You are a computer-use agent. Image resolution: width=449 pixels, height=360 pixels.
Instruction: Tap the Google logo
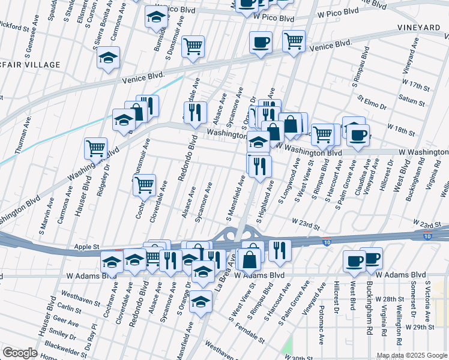pos(20,353)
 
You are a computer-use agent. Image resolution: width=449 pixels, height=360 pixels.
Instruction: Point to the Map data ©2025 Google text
pos(412,355)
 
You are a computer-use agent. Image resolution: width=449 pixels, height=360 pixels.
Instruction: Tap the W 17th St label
pos(416,83)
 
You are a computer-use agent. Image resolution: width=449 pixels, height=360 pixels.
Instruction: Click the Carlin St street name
pos(70,308)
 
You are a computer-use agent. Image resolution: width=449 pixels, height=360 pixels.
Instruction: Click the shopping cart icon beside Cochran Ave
pos(144,185)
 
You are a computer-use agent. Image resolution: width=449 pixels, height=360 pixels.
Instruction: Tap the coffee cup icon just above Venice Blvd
pos(261,43)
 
